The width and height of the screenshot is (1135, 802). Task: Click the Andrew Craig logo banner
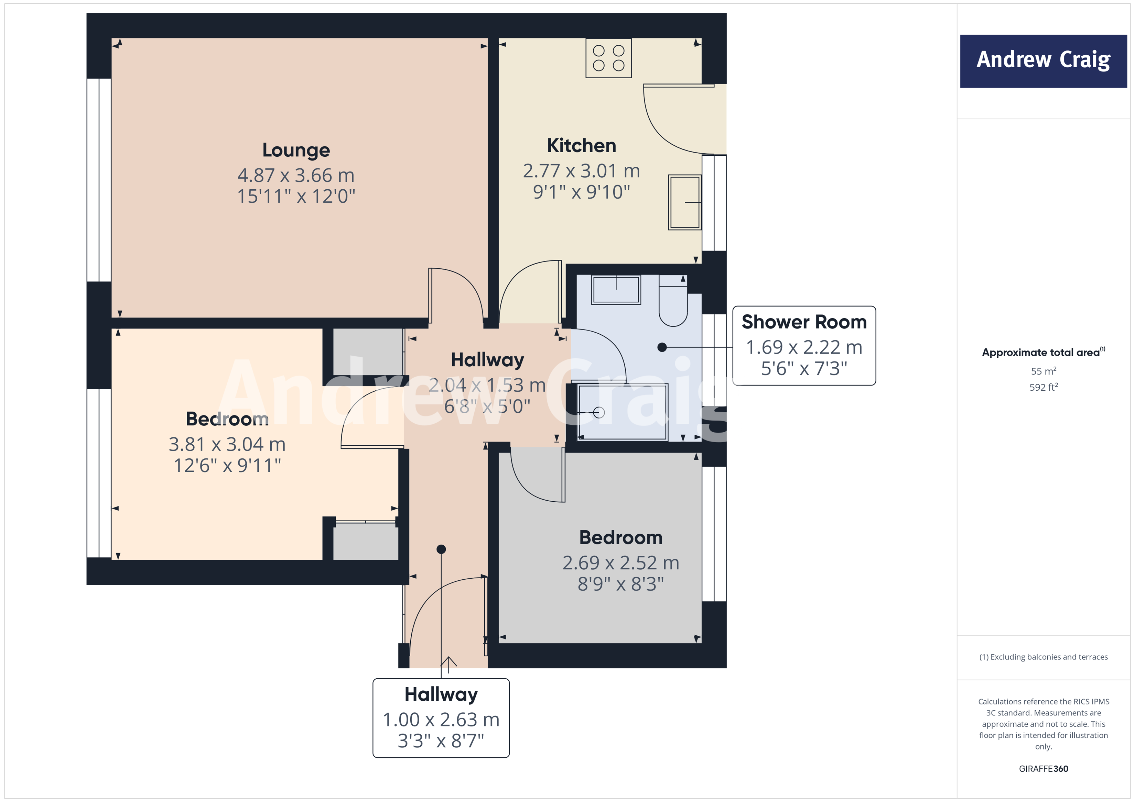1043,61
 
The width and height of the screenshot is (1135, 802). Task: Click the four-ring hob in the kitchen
608,58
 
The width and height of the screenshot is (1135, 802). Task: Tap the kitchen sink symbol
685,202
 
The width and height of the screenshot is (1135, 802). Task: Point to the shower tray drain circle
599,412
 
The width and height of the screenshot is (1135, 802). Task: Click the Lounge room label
296,149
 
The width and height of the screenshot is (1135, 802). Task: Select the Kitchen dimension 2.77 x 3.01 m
581,171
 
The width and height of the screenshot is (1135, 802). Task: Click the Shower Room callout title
804,322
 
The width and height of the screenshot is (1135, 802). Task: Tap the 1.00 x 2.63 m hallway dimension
441,720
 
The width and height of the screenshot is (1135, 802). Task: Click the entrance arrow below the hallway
448,664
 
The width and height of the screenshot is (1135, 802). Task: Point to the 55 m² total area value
1043,371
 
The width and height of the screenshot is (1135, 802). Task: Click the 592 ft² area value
1043,387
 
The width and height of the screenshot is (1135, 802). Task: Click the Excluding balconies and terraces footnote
1043,657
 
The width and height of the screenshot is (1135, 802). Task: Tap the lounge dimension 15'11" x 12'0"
296,197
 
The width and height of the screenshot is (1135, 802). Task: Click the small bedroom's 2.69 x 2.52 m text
621,563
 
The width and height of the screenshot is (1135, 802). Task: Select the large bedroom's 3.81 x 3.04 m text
227,444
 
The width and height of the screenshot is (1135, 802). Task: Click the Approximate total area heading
1042,352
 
